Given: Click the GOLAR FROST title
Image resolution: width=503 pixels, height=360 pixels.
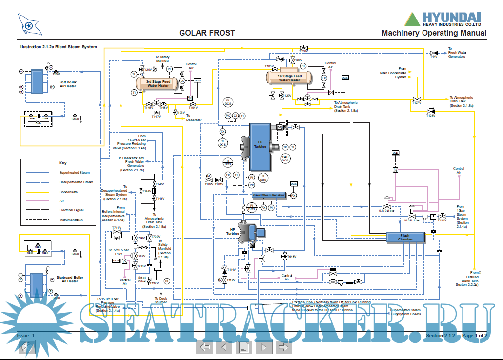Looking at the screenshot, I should (x=207, y=33).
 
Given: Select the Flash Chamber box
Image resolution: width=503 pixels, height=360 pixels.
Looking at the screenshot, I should (x=405, y=237).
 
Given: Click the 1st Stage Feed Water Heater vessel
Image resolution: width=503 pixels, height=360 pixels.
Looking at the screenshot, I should (x=289, y=77).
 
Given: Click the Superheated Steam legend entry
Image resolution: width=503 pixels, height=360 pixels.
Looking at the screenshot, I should (x=74, y=173).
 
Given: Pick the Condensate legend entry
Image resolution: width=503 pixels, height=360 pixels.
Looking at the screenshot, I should (x=69, y=192).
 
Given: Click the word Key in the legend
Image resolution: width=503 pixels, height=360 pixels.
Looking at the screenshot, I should (x=62, y=163).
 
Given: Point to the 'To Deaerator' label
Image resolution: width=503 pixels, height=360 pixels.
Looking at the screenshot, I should (x=194, y=118).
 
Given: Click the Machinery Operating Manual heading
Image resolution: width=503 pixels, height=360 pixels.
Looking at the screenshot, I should (x=434, y=33).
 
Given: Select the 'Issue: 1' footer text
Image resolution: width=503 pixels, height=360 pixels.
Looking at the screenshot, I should (x=26, y=336).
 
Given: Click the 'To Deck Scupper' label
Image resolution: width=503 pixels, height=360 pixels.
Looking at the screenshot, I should (x=161, y=300).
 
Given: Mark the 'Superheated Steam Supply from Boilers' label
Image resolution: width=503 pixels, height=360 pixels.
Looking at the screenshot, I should (x=405, y=312).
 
